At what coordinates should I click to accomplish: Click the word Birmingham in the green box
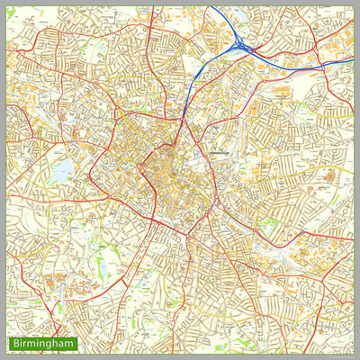(x=43, y=344)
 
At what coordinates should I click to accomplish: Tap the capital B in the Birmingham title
(x=14, y=344)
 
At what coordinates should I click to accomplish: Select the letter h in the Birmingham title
(x=56, y=344)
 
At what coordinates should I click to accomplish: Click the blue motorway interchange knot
(x=240, y=44)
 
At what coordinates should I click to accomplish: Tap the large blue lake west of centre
(x=62, y=172)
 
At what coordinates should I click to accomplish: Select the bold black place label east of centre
(x=221, y=154)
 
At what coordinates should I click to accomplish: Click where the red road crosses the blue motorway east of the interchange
(x=264, y=49)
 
